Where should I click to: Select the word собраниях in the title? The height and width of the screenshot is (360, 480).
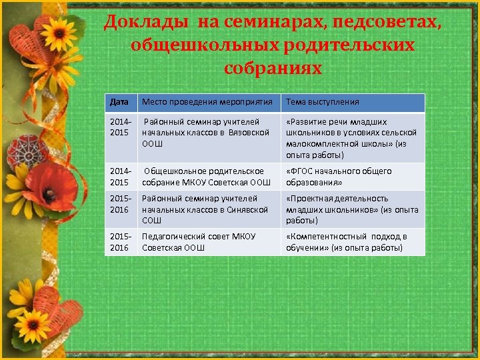(x=273, y=68)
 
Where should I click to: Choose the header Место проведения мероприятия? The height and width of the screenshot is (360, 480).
(x=207, y=102)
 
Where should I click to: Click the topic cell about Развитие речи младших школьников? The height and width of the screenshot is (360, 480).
(x=351, y=138)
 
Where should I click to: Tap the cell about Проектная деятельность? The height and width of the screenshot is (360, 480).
(x=351, y=209)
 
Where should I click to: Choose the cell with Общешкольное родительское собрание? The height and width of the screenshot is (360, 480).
(x=207, y=177)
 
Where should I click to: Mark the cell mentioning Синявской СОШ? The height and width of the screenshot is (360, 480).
(x=207, y=209)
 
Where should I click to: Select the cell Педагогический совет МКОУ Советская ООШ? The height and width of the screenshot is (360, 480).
(x=207, y=242)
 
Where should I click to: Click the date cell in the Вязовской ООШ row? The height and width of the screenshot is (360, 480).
(x=120, y=127)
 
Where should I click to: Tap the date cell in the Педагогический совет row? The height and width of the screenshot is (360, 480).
(x=120, y=242)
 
